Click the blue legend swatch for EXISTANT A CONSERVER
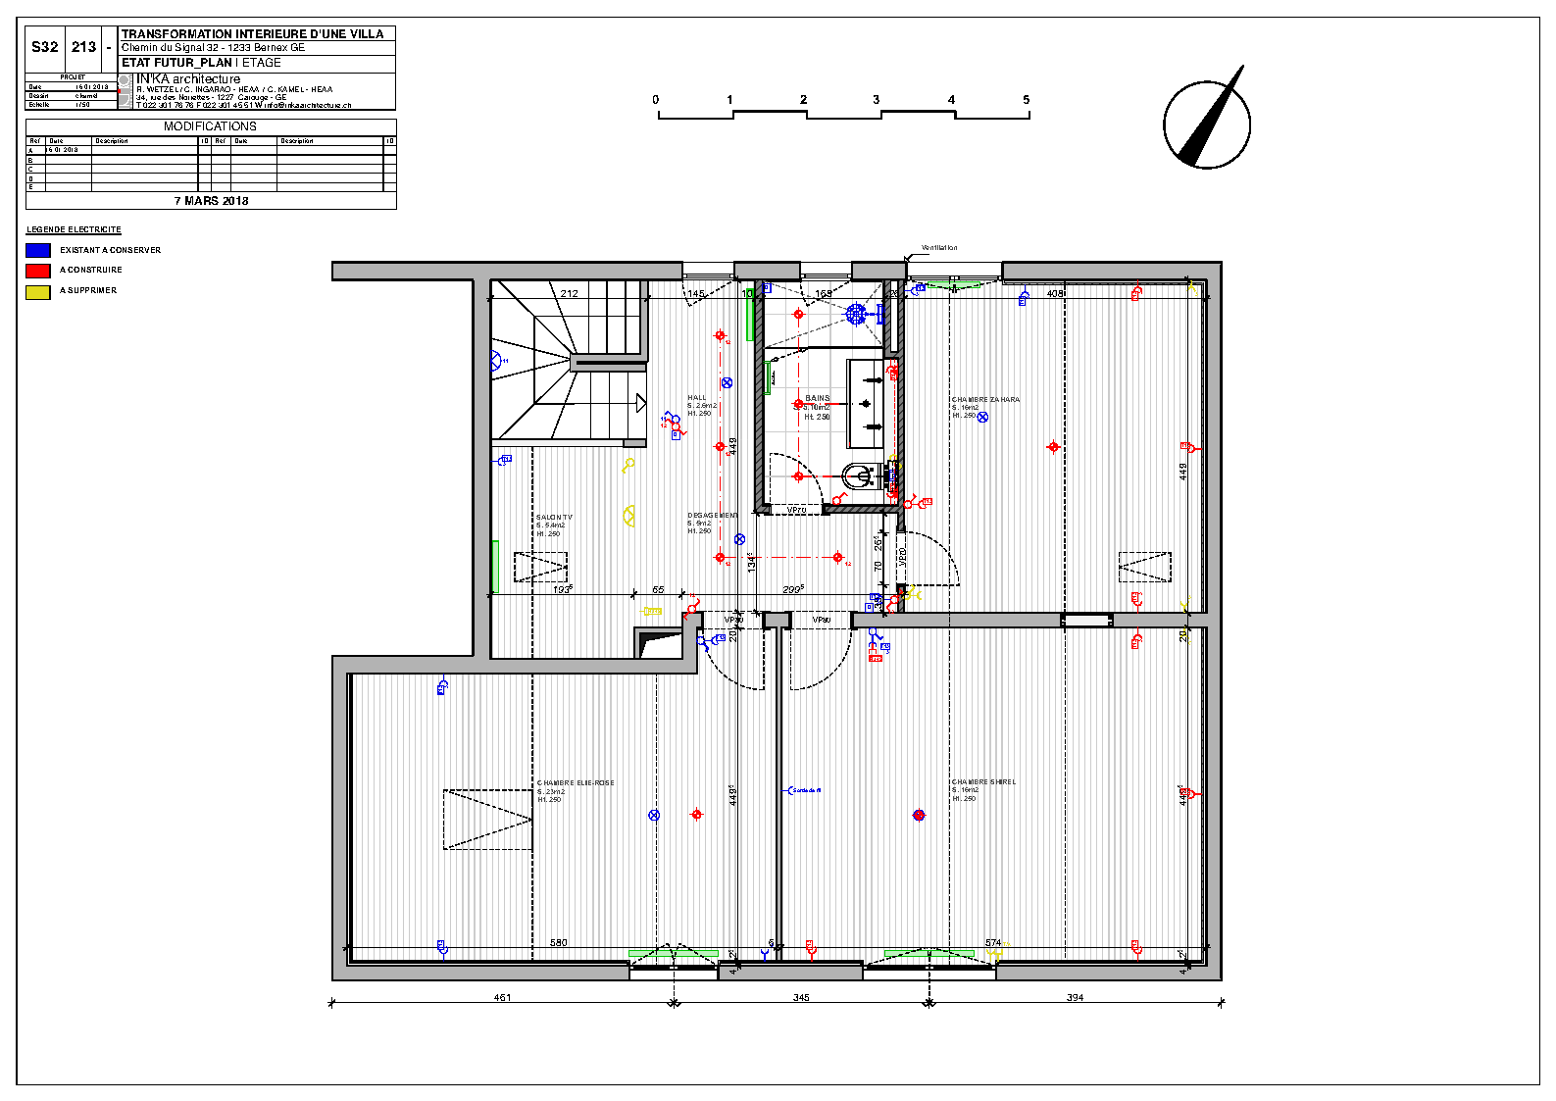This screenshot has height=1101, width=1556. [x=38, y=250]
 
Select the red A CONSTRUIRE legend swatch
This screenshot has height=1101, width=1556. [x=38, y=271]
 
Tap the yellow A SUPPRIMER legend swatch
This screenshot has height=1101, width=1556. [x=38, y=291]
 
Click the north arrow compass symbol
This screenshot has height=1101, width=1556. [x=1207, y=124]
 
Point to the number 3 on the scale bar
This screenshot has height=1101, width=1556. [x=877, y=100]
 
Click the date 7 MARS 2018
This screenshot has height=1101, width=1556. [x=211, y=201]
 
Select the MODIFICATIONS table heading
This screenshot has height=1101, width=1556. [x=210, y=126]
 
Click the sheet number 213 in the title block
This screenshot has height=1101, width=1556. [x=84, y=47]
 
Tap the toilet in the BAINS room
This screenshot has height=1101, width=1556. [x=859, y=476]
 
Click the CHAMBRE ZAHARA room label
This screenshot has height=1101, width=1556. [x=985, y=400]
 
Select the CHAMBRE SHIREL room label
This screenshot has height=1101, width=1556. [x=983, y=782]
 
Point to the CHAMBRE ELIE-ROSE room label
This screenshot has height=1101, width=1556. [x=576, y=783]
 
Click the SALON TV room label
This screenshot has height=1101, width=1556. [x=554, y=518]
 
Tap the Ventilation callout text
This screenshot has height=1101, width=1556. [x=939, y=248]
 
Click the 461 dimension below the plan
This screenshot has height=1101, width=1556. [x=502, y=998]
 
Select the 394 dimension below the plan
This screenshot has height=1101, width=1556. [x=1075, y=998]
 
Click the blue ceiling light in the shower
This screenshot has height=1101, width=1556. [x=856, y=314]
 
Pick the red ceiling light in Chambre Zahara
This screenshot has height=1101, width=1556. [x=1053, y=447]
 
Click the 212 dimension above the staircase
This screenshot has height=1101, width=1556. [x=570, y=293]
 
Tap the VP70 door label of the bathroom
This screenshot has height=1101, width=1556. [x=796, y=510]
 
